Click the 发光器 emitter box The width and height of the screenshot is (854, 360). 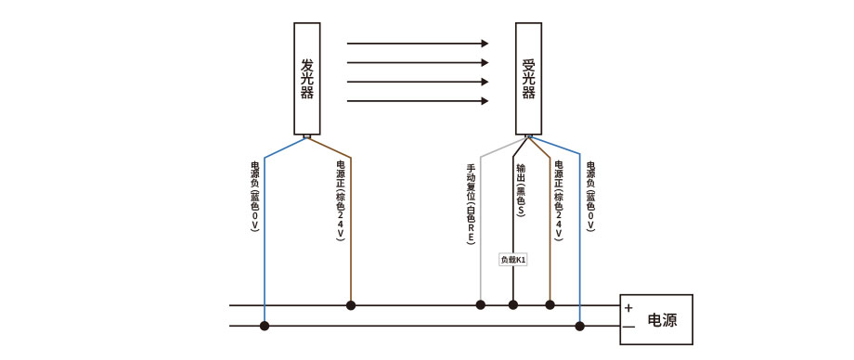(x=307, y=80)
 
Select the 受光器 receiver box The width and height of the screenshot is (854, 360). (x=529, y=80)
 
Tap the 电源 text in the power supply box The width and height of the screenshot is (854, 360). (x=662, y=320)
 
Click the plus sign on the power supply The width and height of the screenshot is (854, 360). (x=628, y=308)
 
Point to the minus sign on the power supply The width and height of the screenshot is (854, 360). (x=628, y=328)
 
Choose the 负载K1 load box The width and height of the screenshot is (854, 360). (x=513, y=260)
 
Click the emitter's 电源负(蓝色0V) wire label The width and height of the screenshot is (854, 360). (x=254, y=197)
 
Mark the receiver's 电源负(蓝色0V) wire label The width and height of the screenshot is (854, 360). (x=590, y=197)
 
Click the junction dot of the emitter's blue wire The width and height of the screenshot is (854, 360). (x=265, y=326)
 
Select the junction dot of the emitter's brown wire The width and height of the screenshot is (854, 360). (x=351, y=304)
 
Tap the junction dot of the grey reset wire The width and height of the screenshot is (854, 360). (x=481, y=304)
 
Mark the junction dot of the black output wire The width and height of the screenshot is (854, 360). (x=513, y=304)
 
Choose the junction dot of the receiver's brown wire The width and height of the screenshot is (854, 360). (x=550, y=304)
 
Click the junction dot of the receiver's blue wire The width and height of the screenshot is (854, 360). (x=580, y=326)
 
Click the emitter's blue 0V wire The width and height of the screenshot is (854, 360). (x=265, y=241)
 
